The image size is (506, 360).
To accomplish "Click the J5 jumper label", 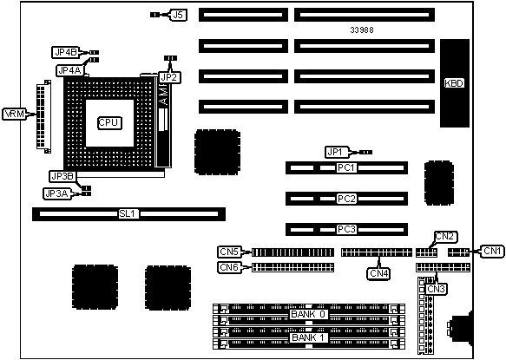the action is tap(179, 15).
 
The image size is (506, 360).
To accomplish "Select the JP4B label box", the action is tap(65, 52).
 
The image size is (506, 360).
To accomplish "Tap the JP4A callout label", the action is tap(69, 70).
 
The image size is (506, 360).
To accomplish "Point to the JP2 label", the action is tap(170, 77).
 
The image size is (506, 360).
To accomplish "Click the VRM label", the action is tap(15, 114).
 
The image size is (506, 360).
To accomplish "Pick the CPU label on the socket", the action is tap(109, 122).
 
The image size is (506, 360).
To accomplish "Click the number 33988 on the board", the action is tap(362, 30).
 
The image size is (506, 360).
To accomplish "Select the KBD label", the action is tap(454, 83).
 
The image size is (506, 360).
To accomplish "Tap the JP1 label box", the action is tap(338, 152).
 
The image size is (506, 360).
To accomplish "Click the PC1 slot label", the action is tap(346, 167).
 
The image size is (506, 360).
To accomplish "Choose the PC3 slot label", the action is tap(346, 229).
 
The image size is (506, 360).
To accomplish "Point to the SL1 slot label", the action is tap(128, 213).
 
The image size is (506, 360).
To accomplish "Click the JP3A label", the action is tap(56, 193).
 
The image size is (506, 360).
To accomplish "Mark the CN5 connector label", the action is tap(230, 252).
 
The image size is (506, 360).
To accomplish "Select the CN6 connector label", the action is tap(230, 267).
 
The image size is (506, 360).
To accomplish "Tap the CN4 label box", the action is tap(379, 273).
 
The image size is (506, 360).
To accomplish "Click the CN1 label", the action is tap(492, 251).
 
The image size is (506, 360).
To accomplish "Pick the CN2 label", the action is tap(445, 237).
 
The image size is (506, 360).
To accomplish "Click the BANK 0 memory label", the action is tap(308, 314).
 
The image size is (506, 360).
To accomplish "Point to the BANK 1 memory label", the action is tap(308, 337).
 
